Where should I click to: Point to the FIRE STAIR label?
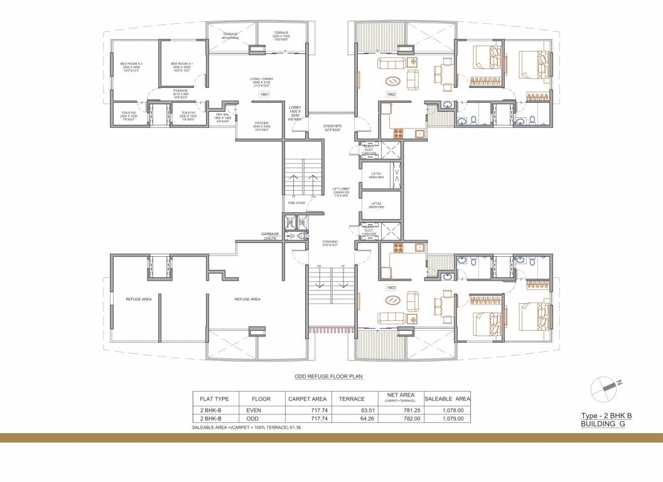point(296,203)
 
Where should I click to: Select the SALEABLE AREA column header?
point(447,399)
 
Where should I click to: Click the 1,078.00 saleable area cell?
point(452,410)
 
